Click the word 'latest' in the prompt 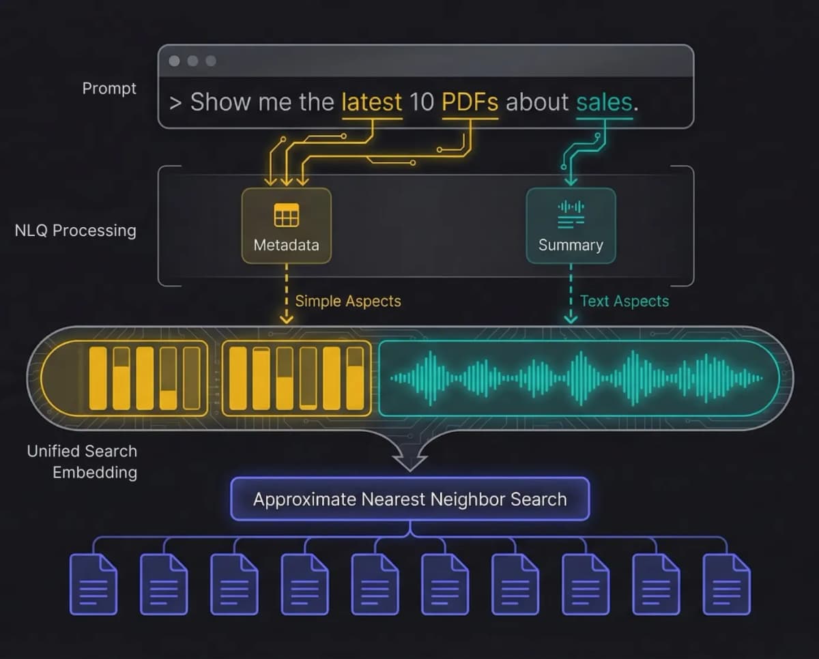[371, 102]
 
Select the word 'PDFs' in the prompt [470, 102]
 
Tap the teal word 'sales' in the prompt [604, 102]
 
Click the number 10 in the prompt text [422, 102]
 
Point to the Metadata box [286, 226]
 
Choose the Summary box [571, 226]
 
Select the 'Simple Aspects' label [347, 301]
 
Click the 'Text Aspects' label [624, 301]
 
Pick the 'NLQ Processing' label [75, 231]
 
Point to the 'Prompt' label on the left [109, 89]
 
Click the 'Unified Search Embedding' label [82, 461]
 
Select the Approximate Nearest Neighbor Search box [409, 499]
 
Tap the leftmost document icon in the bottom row [94, 584]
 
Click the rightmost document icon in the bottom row [727, 584]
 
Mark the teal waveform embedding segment [577, 377]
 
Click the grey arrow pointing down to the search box [409, 456]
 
